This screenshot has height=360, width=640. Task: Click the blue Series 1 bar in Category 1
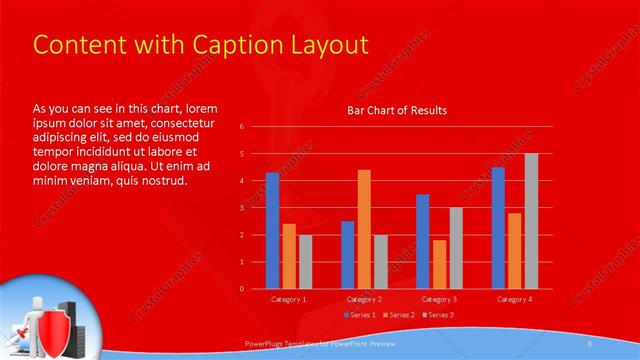[272, 231]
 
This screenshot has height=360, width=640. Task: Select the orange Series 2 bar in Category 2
[364, 229]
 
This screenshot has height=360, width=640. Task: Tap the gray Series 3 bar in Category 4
[531, 221]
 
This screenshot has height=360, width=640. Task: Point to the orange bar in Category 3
[439, 264]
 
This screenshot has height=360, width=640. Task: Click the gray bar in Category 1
[305, 262]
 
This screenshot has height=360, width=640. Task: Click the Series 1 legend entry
[361, 315]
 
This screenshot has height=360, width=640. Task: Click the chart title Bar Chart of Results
[397, 110]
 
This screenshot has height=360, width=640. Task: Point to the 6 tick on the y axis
[242, 127]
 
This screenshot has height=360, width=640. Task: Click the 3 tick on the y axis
[242, 208]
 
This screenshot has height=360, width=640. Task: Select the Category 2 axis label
[365, 299]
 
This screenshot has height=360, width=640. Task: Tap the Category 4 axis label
[515, 299]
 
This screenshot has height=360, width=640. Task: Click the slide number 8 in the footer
[590, 343]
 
